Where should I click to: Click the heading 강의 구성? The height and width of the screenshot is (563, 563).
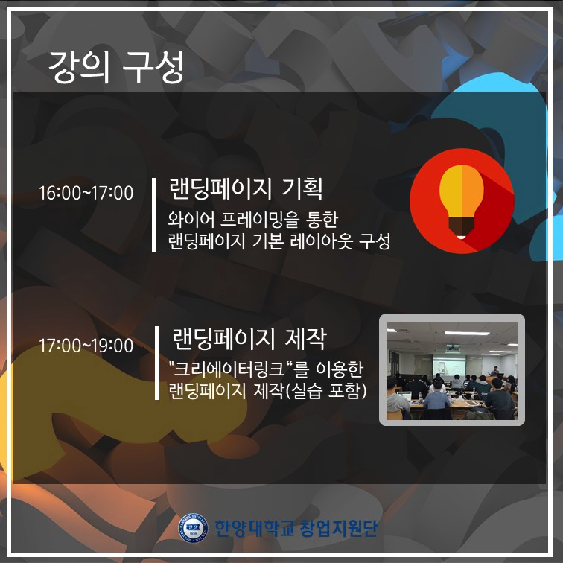[115, 67]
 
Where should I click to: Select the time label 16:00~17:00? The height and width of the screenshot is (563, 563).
[86, 193]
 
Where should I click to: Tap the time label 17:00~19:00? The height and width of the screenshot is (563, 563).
[86, 346]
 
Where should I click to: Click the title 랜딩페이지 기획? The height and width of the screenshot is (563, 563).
[246, 189]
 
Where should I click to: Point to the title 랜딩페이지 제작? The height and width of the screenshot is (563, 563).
[249, 339]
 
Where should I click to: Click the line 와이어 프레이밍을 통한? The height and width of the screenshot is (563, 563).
[252, 220]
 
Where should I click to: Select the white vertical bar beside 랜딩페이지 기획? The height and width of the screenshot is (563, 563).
[154, 214]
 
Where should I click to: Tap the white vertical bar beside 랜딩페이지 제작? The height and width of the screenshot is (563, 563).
[157, 363]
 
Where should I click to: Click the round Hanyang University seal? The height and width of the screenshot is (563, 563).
[194, 528]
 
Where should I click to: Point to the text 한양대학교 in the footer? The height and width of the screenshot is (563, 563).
[254, 528]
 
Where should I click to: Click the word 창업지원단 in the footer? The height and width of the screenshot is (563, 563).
[338, 528]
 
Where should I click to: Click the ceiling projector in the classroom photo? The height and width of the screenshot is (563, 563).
[453, 347]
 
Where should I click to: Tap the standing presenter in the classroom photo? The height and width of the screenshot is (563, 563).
[496, 372]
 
